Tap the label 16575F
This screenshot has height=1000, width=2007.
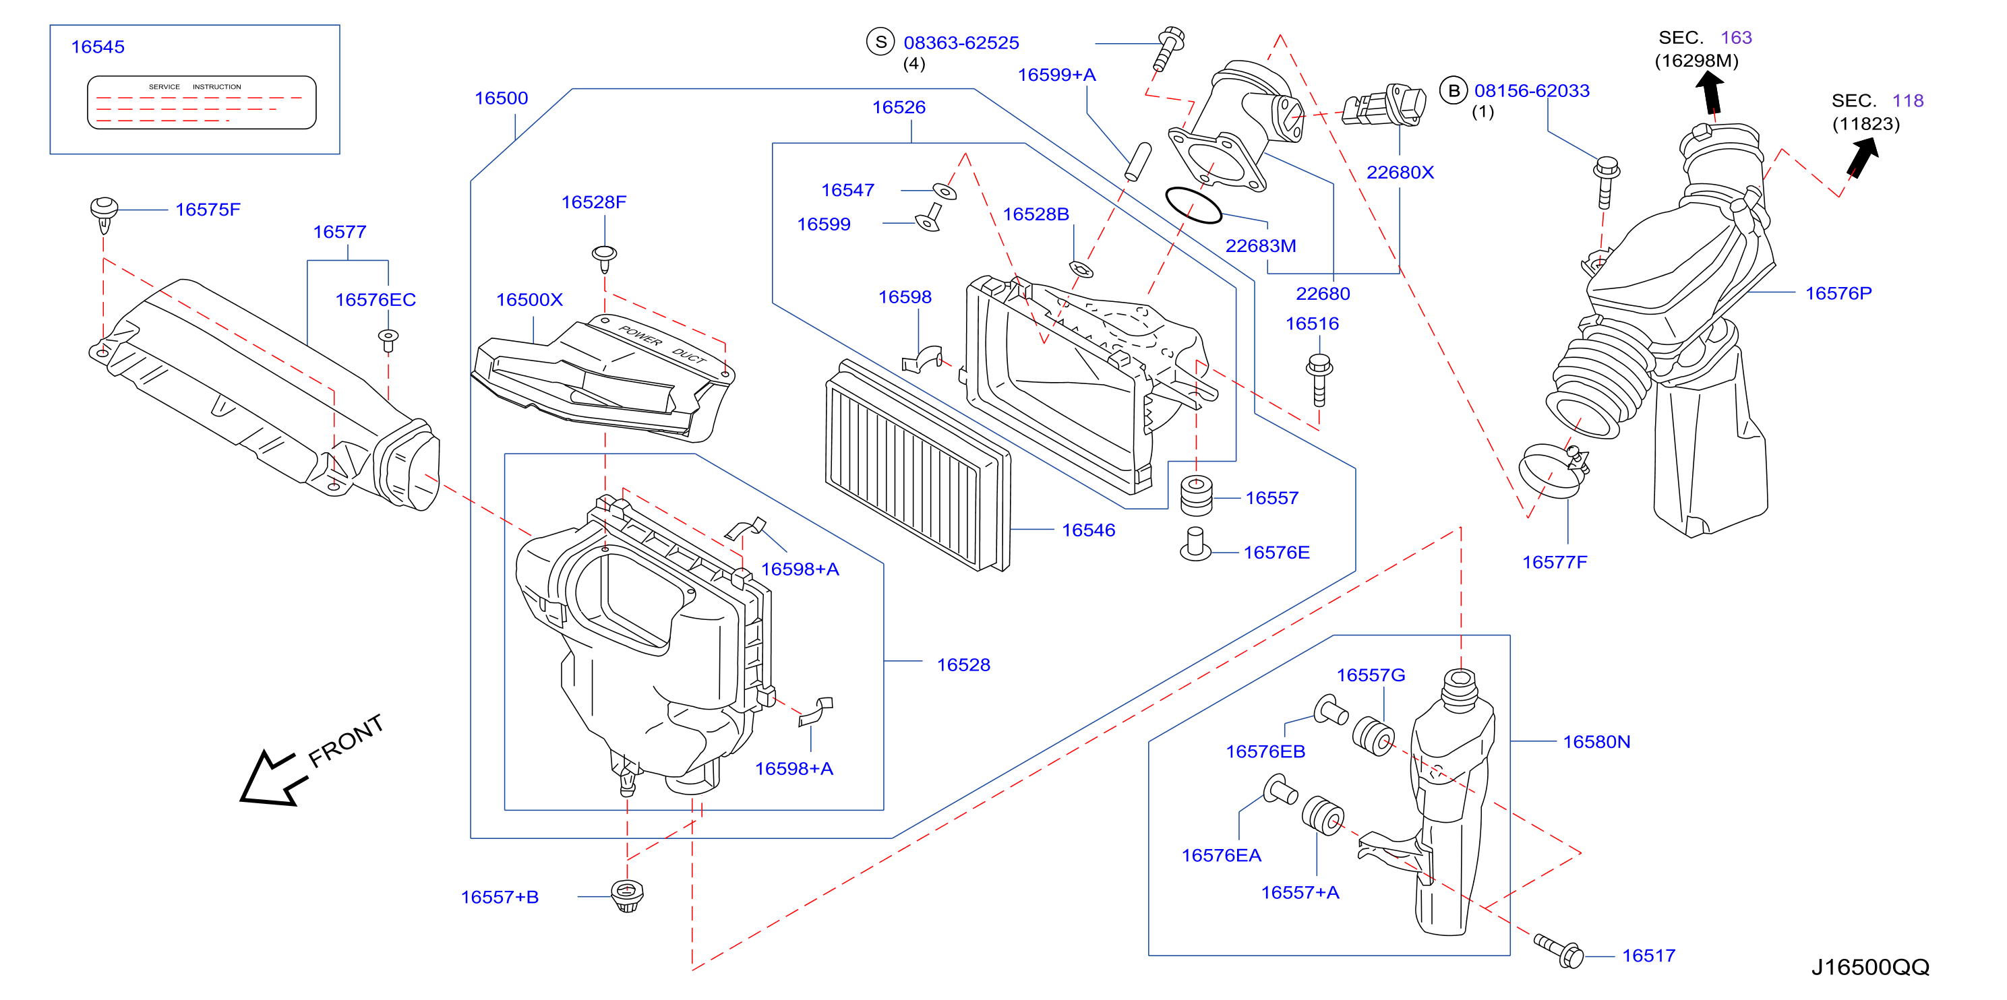tap(208, 210)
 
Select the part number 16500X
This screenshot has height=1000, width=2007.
tap(529, 300)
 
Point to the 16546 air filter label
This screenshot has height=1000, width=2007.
tap(1088, 530)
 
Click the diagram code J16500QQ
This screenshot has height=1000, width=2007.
tap(1870, 967)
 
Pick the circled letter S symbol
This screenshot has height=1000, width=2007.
tap(880, 42)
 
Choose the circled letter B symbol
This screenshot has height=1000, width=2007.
tap(1453, 90)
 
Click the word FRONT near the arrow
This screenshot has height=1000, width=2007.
tap(346, 741)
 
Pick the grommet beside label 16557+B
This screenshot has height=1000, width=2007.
tap(626, 896)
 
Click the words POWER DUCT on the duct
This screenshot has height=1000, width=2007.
tap(662, 344)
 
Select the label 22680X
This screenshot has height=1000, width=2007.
tap(1400, 173)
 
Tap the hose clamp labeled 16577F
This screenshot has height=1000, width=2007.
tap(1553, 470)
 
